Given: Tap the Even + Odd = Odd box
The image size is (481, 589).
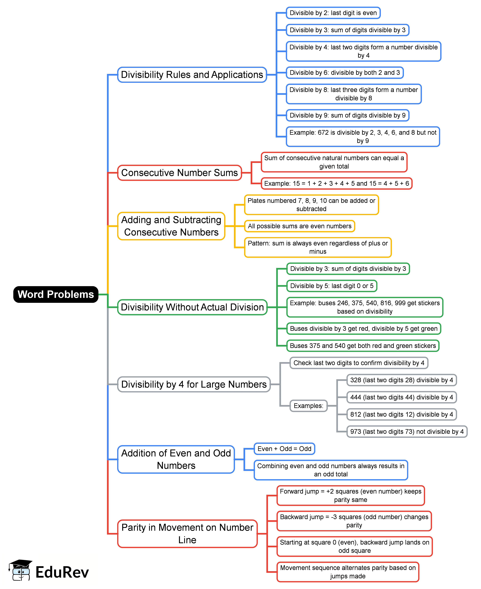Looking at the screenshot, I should [284, 449].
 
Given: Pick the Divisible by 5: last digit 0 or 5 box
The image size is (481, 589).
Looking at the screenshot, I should [332, 286].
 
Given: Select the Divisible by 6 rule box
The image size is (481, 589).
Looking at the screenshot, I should [345, 73].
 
